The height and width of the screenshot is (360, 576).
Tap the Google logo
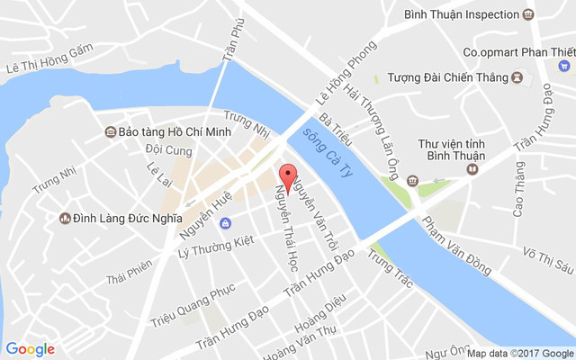(x=30, y=349)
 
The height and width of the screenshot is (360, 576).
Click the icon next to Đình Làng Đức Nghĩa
(x=65, y=218)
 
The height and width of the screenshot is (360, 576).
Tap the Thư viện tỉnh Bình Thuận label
(x=452, y=150)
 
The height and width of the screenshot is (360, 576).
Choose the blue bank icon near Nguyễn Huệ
(x=225, y=223)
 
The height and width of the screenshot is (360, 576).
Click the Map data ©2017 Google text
(x=519, y=353)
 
